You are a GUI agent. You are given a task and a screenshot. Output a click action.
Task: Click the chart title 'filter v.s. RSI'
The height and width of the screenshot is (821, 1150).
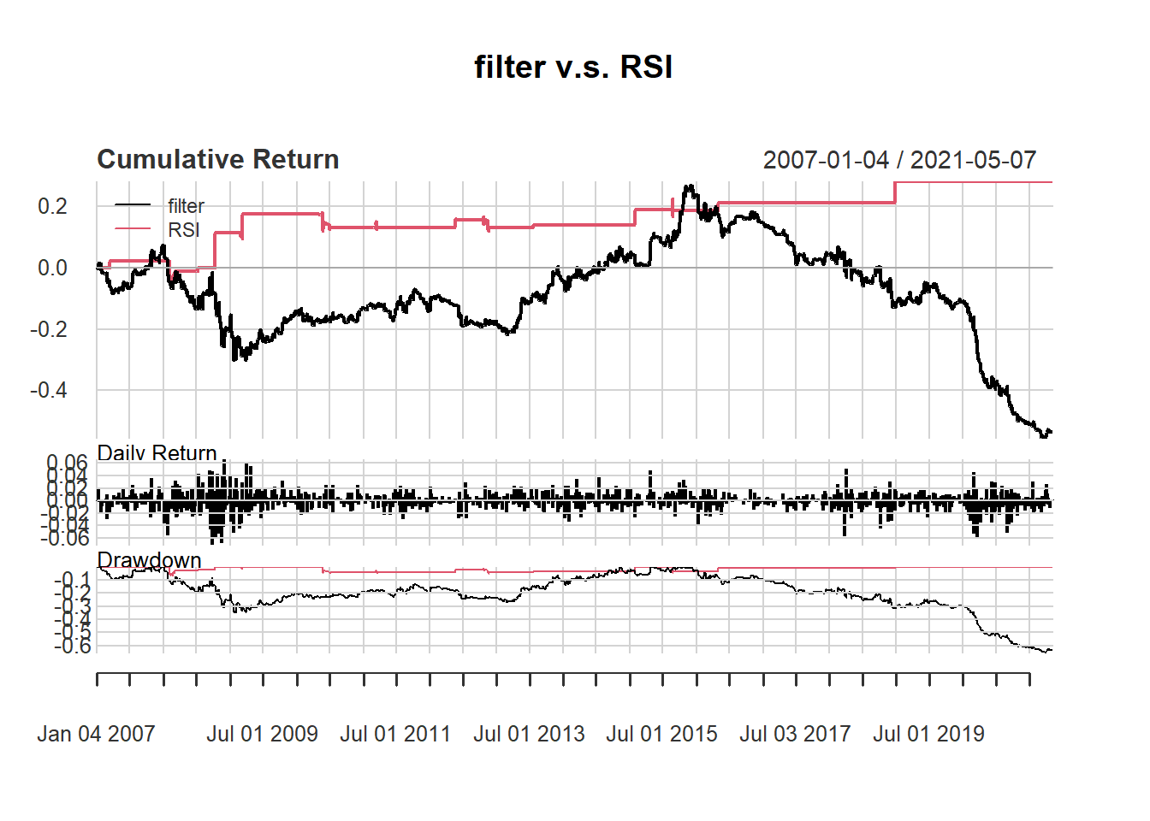pyautogui.click(x=573, y=67)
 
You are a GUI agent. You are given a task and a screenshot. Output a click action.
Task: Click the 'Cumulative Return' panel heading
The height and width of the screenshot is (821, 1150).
pyautogui.click(x=218, y=159)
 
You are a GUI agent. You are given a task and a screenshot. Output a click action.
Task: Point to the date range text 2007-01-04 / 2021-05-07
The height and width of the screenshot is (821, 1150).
pyautogui.click(x=899, y=160)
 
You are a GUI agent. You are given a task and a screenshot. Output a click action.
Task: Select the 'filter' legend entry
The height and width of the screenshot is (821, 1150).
pyautogui.click(x=186, y=206)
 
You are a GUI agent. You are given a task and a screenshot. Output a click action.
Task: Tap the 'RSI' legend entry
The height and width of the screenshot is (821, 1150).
pyautogui.click(x=184, y=230)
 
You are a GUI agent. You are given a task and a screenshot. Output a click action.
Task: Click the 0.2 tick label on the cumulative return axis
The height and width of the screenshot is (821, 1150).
pyautogui.click(x=52, y=206)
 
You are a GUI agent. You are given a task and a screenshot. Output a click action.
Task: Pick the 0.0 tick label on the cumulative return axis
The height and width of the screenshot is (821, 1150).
pyautogui.click(x=52, y=268)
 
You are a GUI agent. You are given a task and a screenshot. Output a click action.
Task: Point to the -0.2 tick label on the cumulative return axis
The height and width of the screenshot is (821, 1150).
pyautogui.click(x=49, y=329)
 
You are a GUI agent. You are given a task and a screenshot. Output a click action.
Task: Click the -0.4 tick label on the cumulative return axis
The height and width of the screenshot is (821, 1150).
pyautogui.click(x=49, y=391)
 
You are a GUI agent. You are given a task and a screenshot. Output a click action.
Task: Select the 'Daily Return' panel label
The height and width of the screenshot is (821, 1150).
pyautogui.click(x=157, y=452)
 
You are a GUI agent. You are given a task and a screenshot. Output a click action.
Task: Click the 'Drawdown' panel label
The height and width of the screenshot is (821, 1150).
pyautogui.click(x=150, y=560)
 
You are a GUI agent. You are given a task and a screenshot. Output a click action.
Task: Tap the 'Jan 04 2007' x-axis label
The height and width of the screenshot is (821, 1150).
pyautogui.click(x=96, y=734)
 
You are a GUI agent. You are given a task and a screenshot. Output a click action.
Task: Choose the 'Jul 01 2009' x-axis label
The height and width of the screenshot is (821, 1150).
pyautogui.click(x=262, y=734)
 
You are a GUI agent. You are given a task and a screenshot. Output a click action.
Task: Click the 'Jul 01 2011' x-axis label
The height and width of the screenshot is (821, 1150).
pyautogui.click(x=395, y=734)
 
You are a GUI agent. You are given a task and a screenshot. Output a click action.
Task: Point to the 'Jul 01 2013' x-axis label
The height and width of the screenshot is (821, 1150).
pyautogui.click(x=529, y=734)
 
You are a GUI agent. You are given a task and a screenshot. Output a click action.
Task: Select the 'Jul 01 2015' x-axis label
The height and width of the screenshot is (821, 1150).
pyautogui.click(x=661, y=734)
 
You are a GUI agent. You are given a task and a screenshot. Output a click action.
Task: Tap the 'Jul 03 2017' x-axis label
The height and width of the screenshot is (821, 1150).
pyautogui.click(x=795, y=734)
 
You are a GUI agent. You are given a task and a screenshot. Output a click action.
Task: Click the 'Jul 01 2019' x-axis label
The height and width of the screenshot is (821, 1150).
pyautogui.click(x=928, y=734)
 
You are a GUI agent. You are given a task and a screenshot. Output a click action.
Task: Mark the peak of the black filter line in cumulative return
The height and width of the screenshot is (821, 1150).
pyautogui.click(x=687, y=186)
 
